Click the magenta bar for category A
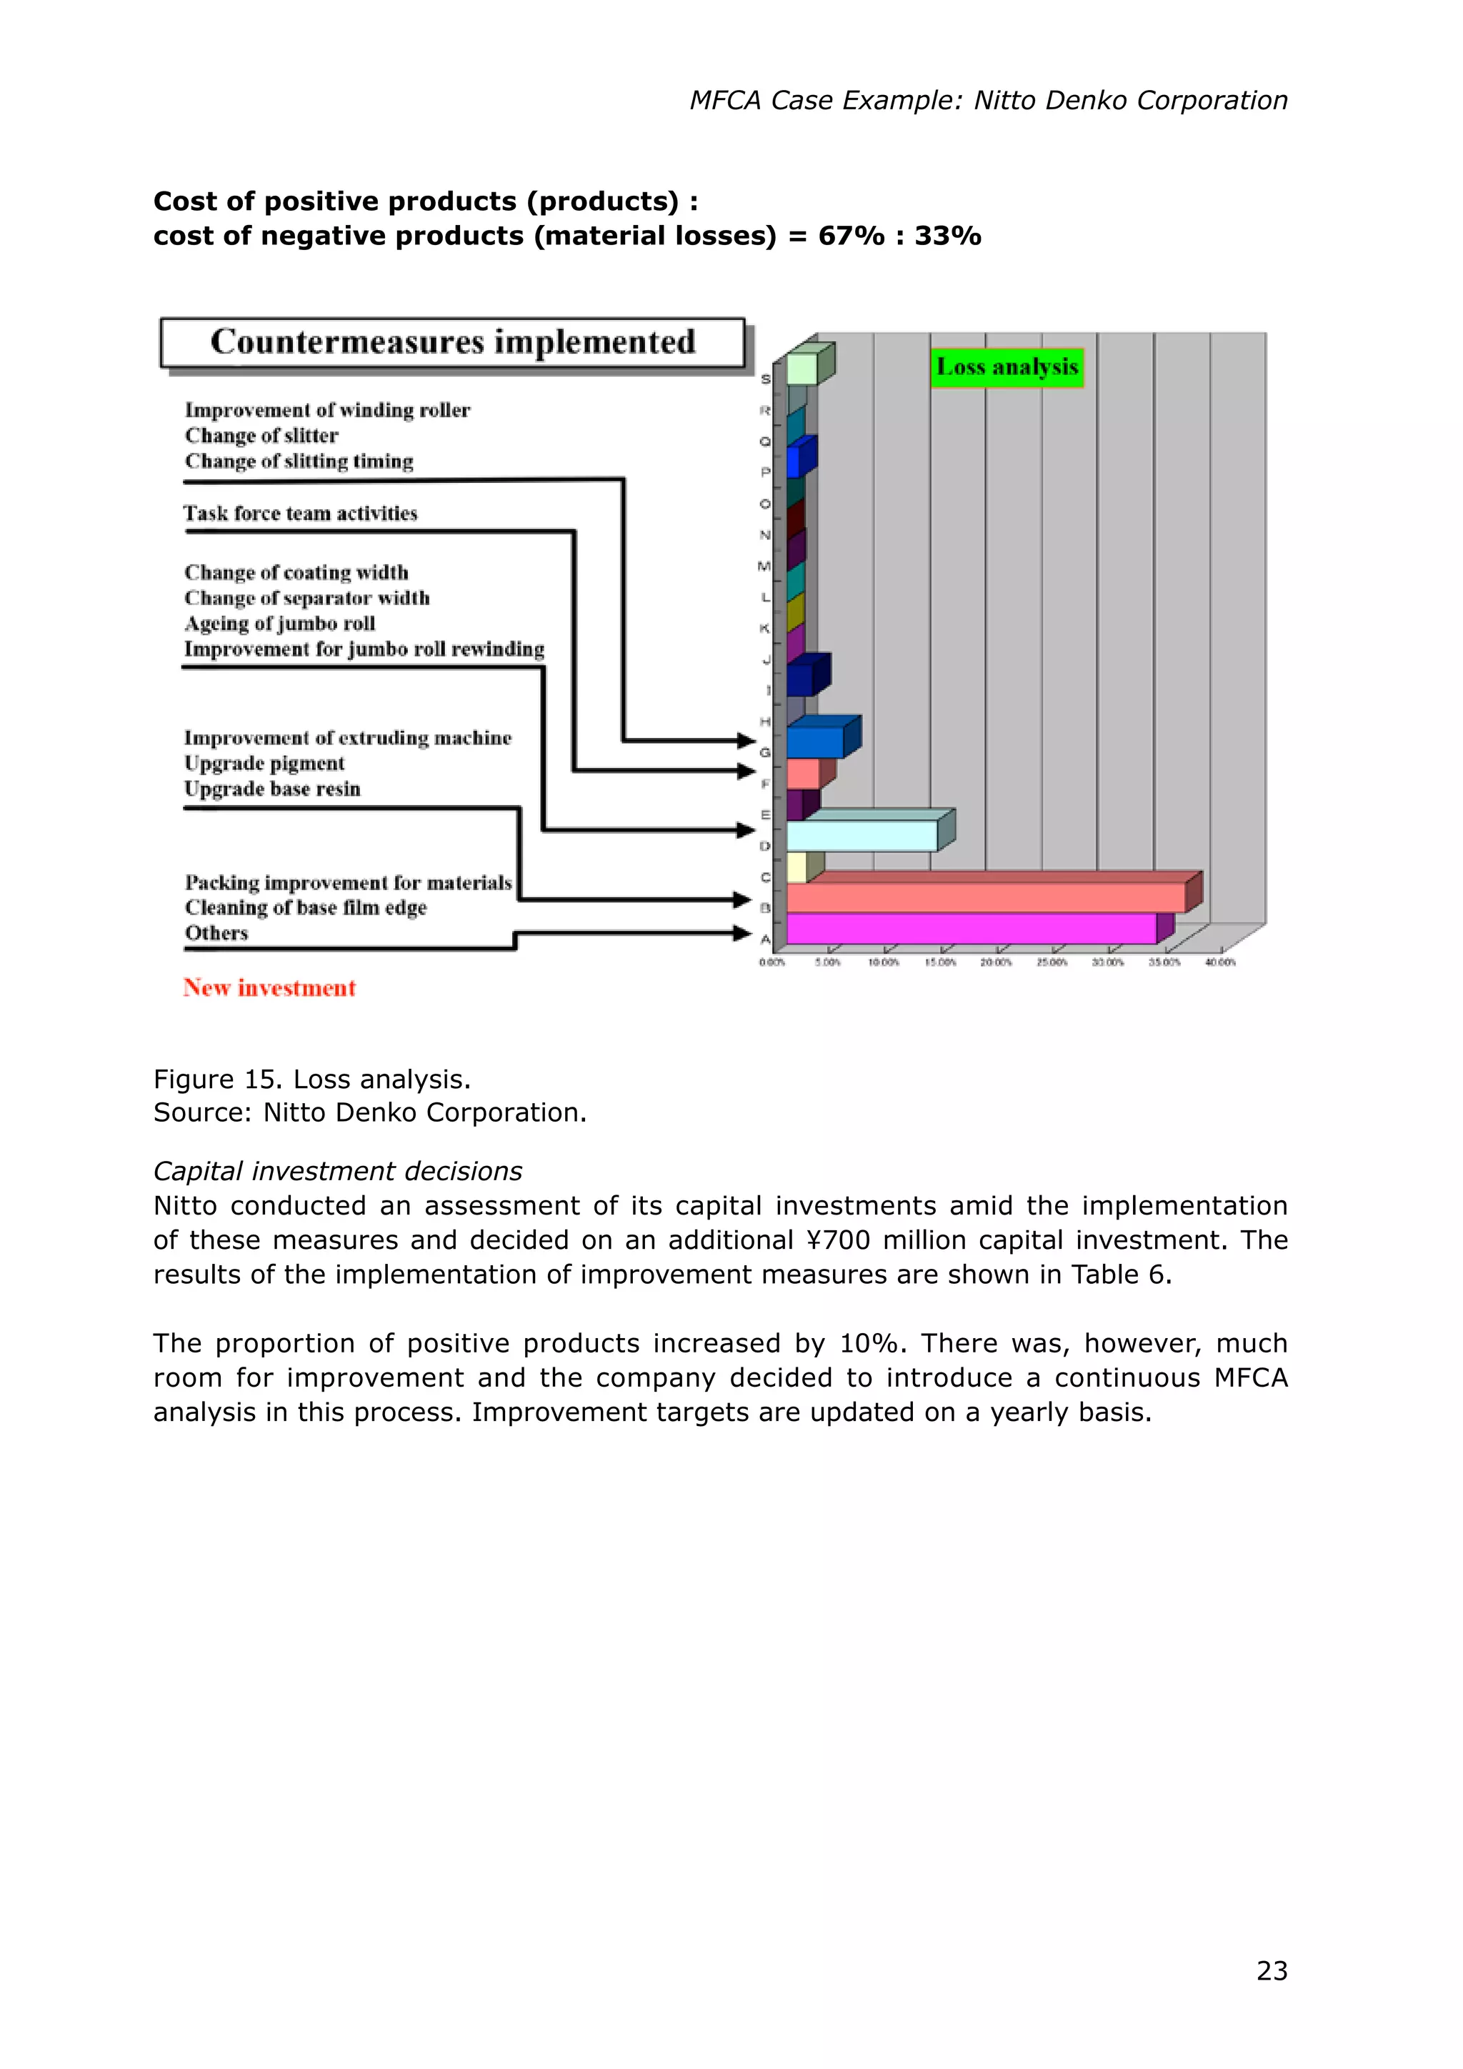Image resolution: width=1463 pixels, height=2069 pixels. pos(970,929)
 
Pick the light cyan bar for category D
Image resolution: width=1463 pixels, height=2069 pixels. pos(862,837)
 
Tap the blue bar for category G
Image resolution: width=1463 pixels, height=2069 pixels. pos(814,742)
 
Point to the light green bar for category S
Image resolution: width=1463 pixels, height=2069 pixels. pos(802,369)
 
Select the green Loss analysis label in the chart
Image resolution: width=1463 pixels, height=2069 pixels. pos(1007,368)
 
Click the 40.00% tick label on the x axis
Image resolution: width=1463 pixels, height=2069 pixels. pos(1220,962)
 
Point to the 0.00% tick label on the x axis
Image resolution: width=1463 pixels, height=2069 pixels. pos(772,962)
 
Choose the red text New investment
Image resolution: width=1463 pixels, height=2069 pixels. pos(269,989)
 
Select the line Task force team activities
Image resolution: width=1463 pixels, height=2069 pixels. pos(300,514)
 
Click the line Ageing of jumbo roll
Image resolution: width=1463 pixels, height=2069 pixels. pos(279,624)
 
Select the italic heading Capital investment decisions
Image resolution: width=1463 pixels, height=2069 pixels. pos(337,1172)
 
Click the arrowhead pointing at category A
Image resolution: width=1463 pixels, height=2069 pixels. pos(743,934)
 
